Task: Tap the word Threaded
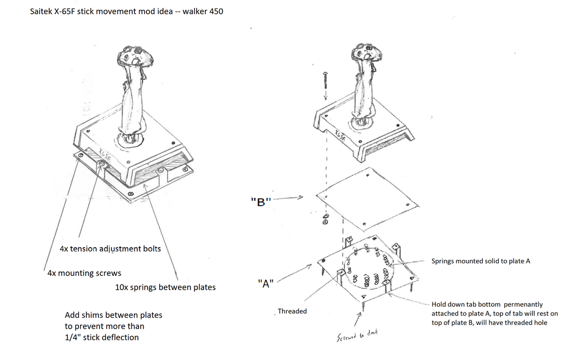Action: (x=292, y=311)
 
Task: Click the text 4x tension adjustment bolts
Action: (x=110, y=249)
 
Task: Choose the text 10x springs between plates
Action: (x=165, y=287)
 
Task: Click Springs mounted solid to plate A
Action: (x=480, y=261)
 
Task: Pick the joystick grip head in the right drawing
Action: (x=364, y=53)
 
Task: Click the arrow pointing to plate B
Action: (x=296, y=197)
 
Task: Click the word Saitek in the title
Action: (x=42, y=11)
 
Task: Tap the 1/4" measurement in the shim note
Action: (x=75, y=337)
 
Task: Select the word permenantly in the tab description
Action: (x=522, y=304)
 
